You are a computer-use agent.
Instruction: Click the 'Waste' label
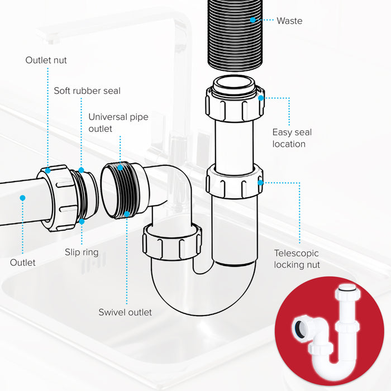tap(289, 21)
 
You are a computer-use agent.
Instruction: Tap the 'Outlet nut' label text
tap(46, 60)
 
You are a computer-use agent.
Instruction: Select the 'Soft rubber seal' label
tap(87, 90)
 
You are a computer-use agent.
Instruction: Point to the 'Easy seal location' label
tap(292, 138)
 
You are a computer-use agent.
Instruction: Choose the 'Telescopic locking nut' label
tap(297, 259)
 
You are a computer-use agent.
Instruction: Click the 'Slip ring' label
tap(82, 252)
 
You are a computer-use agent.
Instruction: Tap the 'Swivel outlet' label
tap(125, 312)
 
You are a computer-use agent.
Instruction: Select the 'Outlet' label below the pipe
tap(23, 263)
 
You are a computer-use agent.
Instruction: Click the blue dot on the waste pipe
tap(252, 20)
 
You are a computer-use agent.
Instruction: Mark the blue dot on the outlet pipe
tap(22, 197)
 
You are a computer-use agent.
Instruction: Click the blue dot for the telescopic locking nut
tap(260, 182)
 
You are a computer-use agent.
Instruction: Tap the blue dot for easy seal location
tap(261, 98)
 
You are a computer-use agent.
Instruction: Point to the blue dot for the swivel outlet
tap(127, 213)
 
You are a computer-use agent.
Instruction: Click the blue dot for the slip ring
tap(82, 221)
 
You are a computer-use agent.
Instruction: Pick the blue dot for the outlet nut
tap(48, 170)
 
